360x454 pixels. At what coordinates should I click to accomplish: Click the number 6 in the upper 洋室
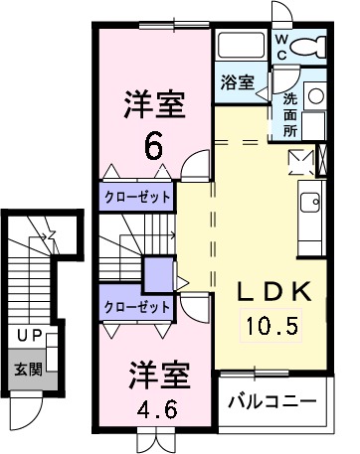click(153, 146)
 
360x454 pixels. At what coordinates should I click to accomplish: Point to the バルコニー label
click(271, 402)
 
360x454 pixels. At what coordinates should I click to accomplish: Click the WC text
click(281, 46)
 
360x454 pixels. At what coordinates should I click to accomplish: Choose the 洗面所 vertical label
click(289, 113)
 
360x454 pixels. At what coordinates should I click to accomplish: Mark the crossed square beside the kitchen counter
click(299, 161)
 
